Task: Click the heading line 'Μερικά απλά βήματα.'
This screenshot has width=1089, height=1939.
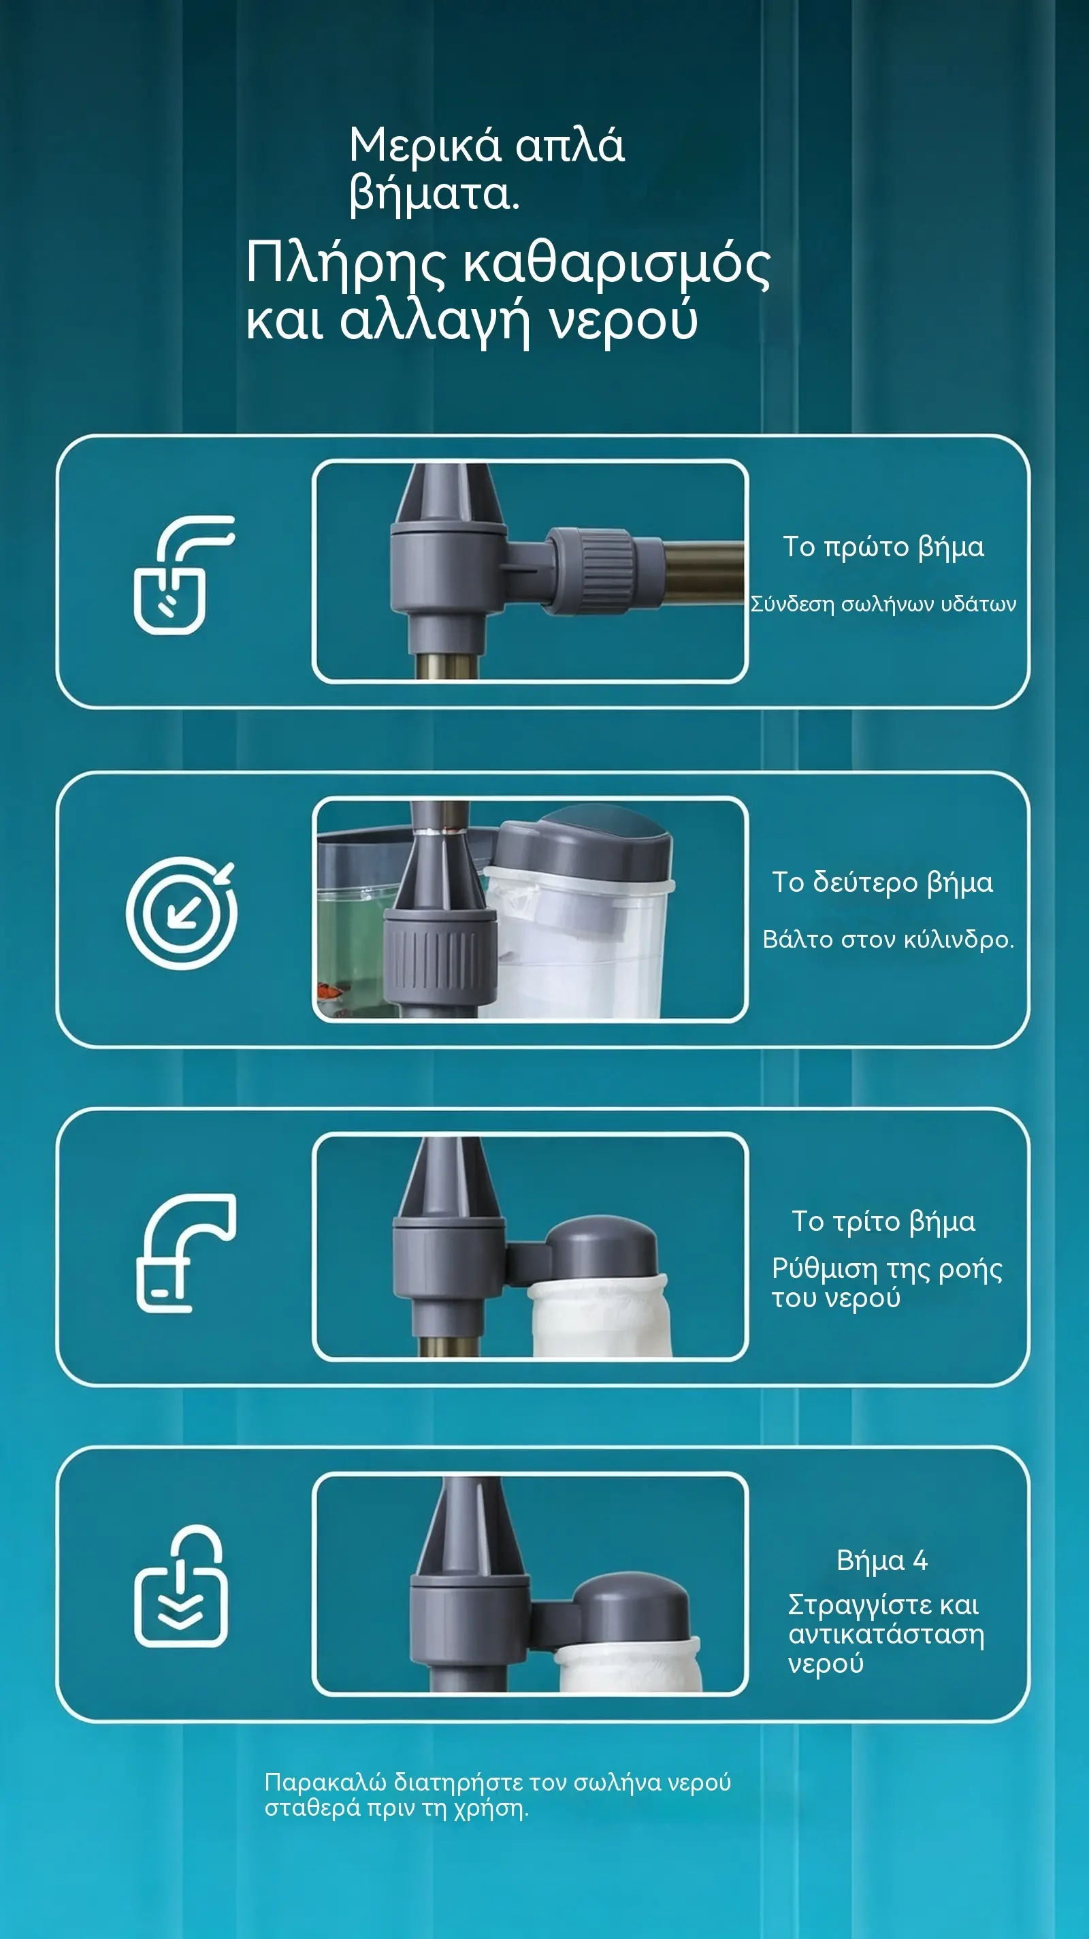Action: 486,170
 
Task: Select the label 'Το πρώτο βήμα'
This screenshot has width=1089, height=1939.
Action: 883,547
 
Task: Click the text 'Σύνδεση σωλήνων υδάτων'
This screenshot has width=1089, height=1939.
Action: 883,604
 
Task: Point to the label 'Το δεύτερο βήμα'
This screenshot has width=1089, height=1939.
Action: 883,882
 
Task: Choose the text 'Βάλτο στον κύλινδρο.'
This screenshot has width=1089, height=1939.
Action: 888,940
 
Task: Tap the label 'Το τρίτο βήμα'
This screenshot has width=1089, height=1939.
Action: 883,1221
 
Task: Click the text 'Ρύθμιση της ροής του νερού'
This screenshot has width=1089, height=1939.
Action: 887,1283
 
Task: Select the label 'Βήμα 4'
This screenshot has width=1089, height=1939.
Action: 882,1560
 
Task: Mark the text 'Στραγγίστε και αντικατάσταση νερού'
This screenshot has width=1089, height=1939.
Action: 885,1634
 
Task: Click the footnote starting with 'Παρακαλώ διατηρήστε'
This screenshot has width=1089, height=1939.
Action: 498,1795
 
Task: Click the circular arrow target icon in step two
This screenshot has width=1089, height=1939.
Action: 181,912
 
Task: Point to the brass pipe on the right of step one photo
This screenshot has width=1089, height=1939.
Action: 704,571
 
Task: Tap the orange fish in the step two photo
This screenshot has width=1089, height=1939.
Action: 329,992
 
